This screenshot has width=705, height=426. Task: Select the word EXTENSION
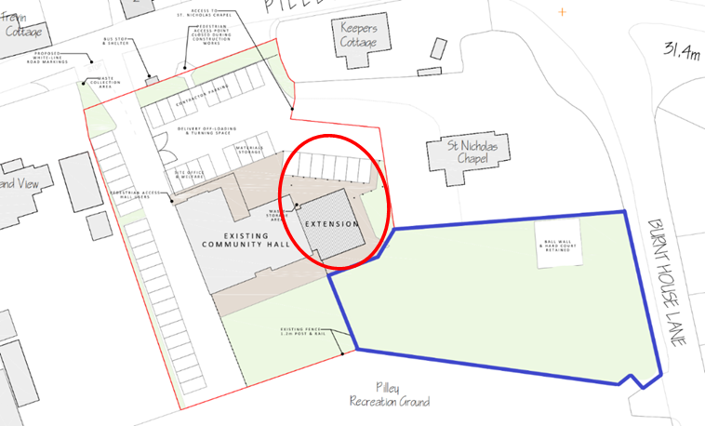tap(330, 224)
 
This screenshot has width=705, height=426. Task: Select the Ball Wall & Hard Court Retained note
tap(557, 244)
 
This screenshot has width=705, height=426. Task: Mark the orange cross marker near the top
tap(561, 12)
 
